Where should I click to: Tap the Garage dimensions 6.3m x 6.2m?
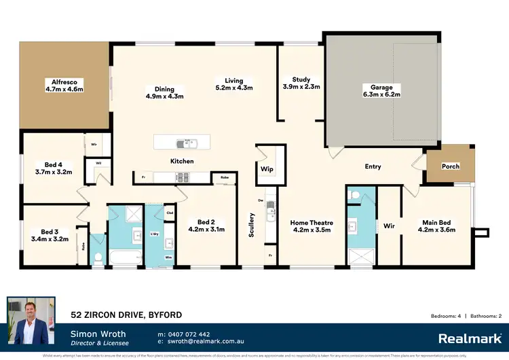(382, 94)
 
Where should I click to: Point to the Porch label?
(451, 166)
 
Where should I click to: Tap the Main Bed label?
(438, 222)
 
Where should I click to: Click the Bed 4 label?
(54, 164)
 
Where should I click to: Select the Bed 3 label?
(50, 231)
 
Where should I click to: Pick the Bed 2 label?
(206, 222)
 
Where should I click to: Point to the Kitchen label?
(182, 161)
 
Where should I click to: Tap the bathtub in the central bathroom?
(127, 257)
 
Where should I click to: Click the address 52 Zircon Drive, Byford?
(127, 314)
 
